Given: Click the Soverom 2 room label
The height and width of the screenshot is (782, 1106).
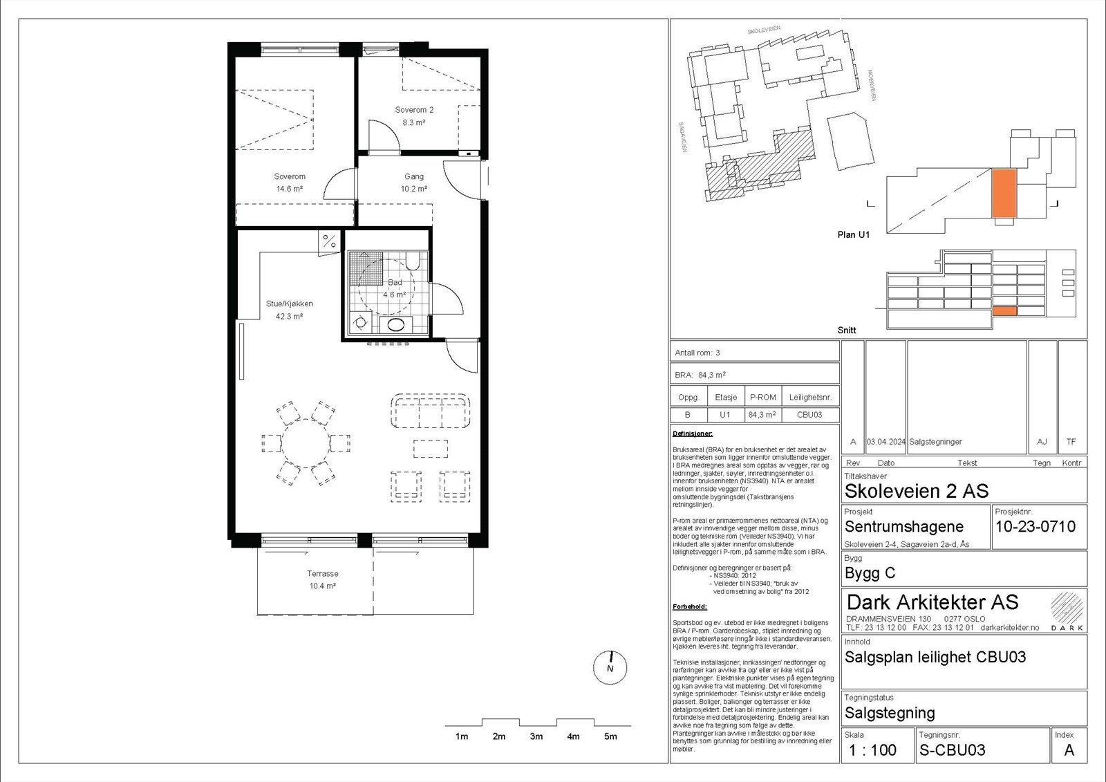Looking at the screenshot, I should click(414, 110).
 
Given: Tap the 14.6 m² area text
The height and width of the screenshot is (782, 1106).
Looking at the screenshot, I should click(289, 189).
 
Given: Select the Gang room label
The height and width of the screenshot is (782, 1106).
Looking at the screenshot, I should click(414, 176).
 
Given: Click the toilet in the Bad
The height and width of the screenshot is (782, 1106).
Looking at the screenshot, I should click(413, 261).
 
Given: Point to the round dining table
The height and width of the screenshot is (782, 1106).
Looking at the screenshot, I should click(305, 443).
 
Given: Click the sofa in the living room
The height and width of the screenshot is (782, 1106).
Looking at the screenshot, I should click(430, 411).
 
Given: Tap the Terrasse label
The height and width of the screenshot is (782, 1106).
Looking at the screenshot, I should click(322, 574).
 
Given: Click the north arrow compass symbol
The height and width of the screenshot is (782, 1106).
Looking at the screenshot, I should click(610, 668).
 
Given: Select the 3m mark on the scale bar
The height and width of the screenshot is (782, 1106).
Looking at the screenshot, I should click(536, 736).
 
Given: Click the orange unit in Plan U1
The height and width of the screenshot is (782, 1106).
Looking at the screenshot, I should click(1004, 194).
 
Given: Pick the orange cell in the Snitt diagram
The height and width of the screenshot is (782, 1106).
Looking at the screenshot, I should click(1004, 312).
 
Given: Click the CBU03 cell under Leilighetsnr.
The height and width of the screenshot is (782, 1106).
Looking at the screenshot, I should click(809, 415).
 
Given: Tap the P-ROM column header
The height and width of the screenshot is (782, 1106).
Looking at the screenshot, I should click(762, 398).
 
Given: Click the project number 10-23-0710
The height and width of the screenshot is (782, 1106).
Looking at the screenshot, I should click(1035, 527).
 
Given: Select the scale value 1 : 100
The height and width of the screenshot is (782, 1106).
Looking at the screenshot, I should click(872, 750).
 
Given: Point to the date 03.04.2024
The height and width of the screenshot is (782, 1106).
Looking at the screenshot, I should click(885, 442).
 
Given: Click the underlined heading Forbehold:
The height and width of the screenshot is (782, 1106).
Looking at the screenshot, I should click(689, 607).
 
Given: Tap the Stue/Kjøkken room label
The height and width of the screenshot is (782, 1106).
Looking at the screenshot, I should click(290, 304).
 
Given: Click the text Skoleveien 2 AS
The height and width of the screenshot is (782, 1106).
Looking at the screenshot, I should click(916, 492).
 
